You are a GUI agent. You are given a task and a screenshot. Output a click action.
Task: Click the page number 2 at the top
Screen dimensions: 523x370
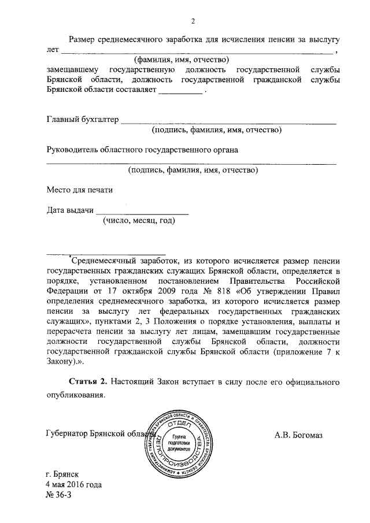click(x=194, y=22)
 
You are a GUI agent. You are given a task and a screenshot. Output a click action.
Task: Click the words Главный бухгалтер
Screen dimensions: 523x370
click(x=82, y=120)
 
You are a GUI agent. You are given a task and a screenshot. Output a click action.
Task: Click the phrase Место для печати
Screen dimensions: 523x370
click(x=76, y=190)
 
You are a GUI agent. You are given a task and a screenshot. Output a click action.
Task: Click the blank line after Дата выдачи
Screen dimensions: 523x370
click(x=142, y=213)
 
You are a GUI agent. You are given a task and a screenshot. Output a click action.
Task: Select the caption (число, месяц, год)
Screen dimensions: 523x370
click(x=138, y=221)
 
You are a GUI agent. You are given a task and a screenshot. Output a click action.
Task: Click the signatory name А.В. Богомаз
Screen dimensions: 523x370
click(x=305, y=435)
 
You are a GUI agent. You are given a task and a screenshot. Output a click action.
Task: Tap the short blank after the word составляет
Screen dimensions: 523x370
click(x=180, y=91)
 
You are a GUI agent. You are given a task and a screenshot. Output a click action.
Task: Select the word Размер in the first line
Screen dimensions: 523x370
click(x=83, y=39)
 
